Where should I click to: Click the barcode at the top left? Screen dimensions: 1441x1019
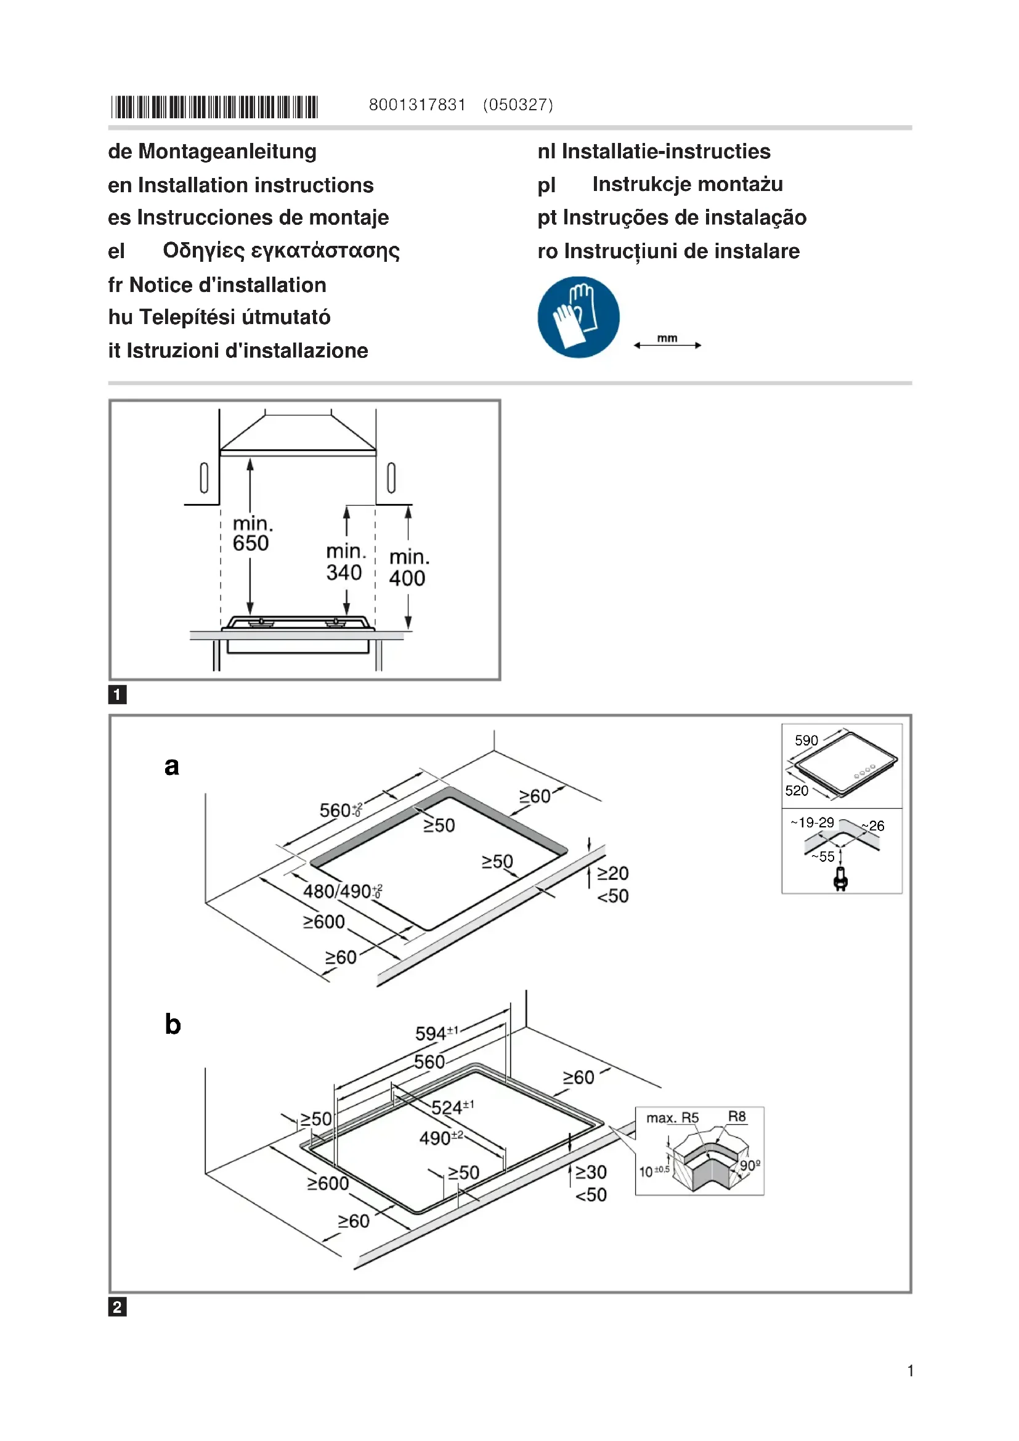point(214,107)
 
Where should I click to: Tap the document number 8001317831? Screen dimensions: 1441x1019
point(416,105)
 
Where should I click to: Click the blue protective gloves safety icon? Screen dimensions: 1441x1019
point(578,317)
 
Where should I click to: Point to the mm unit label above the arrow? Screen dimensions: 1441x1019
point(667,338)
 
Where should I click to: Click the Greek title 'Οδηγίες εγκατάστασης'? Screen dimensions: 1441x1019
point(280,250)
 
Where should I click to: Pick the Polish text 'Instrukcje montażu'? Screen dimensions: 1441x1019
point(687,185)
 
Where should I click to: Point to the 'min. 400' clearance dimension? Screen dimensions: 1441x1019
point(408,567)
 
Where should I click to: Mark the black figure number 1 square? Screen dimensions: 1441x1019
point(117,694)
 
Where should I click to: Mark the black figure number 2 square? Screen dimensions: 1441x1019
point(117,1307)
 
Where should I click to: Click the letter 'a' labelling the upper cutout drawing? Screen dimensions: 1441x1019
point(171,766)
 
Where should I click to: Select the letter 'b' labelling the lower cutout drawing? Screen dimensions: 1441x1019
point(173,1025)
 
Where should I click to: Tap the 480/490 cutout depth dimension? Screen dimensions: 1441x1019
point(342,891)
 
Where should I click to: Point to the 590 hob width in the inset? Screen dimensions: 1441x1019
point(806,741)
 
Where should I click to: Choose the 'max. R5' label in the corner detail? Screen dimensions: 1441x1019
point(672,1118)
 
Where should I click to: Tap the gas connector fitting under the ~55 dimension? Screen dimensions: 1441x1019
point(841,879)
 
